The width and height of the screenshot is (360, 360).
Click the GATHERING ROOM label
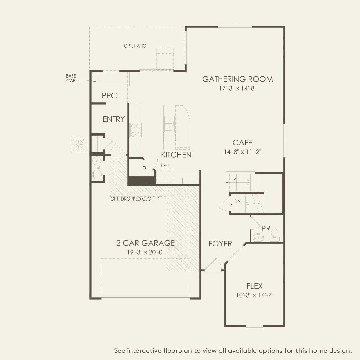237,79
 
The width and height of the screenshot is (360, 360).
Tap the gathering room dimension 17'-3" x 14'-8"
238,88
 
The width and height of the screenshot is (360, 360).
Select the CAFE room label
242,143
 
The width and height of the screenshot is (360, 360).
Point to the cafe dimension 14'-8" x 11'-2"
242,152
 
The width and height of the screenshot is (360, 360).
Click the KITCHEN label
176,155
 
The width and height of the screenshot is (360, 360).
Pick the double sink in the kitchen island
169,124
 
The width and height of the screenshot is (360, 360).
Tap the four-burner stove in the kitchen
136,130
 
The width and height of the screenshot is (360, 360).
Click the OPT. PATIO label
135,46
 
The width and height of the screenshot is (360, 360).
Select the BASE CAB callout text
71,78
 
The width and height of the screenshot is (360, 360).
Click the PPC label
109,96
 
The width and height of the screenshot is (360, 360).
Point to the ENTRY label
114,119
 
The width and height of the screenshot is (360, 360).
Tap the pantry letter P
144,169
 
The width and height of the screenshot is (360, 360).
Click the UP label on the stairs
233,180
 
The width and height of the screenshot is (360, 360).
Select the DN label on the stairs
237,201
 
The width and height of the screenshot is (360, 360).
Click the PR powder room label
266,229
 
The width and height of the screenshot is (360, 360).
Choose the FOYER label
220,244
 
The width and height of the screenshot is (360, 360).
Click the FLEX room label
254,286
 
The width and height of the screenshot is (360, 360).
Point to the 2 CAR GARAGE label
145,243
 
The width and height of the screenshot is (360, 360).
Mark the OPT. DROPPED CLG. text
131,199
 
